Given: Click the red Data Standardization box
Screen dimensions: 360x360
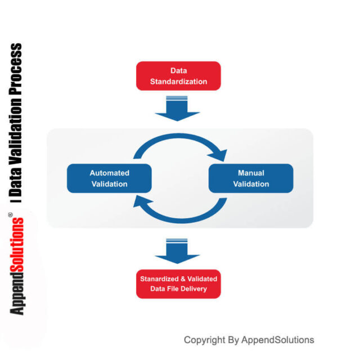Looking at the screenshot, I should (178, 76).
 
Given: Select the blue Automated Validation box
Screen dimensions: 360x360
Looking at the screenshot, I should (109, 178).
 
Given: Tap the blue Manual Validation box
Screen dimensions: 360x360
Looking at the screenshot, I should (251, 178).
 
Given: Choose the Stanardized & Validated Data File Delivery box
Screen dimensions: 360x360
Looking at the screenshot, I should (178, 283).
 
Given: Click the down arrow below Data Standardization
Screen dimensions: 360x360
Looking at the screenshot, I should (178, 109).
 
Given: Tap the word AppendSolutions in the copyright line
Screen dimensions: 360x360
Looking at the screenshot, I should (278, 340).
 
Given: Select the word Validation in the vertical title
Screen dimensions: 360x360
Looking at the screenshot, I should (16, 124).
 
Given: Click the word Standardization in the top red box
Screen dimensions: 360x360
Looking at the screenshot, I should (178, 82).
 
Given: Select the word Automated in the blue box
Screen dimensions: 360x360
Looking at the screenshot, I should (109, 173).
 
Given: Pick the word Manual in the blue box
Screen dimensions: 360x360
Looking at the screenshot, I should (251, 173).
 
